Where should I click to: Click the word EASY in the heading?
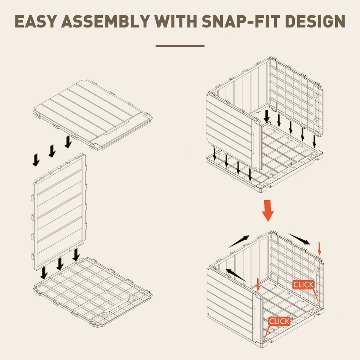[x=36, y=21]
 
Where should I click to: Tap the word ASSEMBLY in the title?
[x=106, y=21]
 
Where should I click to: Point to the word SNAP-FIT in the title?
[x=242, y=21]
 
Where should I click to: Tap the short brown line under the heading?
[x=180, y=46]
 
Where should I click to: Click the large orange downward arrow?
[x=268, y=210]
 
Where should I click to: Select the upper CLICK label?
[x=303, y=285]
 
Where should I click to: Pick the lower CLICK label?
[x=279, y=321]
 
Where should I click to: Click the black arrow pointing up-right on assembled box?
[x=239, y=241]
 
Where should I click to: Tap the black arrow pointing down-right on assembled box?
[x=299, y=239]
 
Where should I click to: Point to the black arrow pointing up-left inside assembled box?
[x=236, y=275]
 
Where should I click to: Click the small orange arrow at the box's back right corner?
[x=319, y=248]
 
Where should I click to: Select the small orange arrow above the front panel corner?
[x=258, y=284]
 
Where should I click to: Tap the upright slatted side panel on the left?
[x=59, y=211]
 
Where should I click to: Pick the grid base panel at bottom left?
[x=93, y=292]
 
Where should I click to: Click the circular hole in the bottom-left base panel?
[x=105, y=316]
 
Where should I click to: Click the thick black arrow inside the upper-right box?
[x=267, y=116]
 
